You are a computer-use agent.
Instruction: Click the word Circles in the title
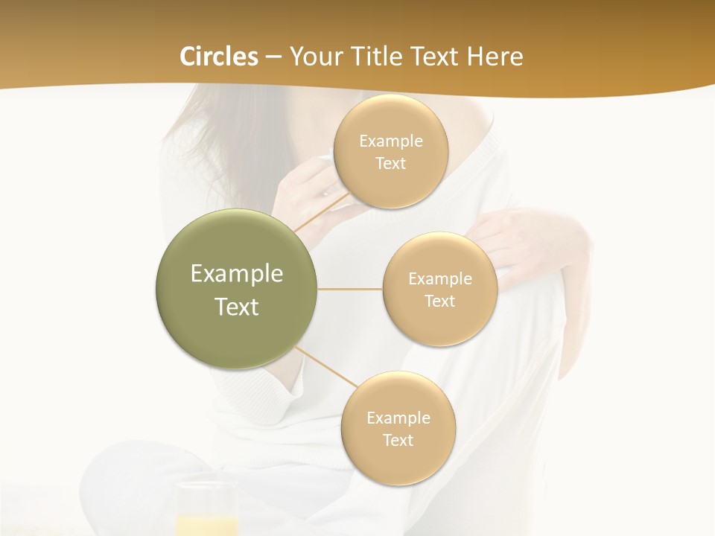(219, 57)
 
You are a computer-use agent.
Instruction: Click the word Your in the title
(314, 57)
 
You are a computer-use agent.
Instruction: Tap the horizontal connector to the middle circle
(350, 289)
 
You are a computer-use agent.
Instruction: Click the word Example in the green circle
(237, 274)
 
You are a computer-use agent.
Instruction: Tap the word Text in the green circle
(237, 307)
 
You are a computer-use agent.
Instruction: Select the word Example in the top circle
(390, 141)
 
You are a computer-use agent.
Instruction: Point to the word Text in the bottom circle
(398, 440)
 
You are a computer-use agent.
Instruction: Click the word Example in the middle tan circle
(439, 279)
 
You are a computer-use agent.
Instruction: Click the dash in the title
(273, 57)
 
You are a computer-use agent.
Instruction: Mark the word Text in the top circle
(390, 163)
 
